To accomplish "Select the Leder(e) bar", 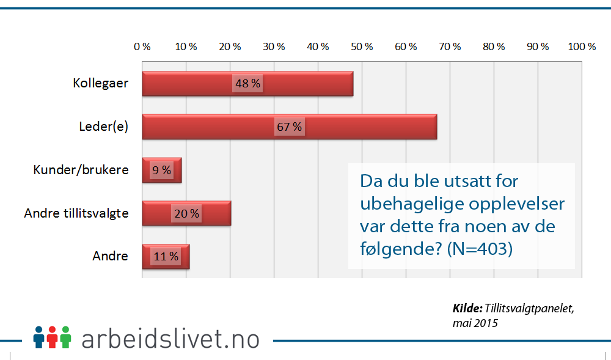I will click(367, 127).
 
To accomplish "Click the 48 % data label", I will click(247, 84).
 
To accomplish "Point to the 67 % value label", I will click(289, 127).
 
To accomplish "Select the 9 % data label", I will click(162, 170).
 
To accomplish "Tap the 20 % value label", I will click(186, 213).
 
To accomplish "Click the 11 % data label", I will click(166, 257).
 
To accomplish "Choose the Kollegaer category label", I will click(100, 83).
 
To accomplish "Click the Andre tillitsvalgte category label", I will click(76, 213).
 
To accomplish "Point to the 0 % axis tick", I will click(142, 46).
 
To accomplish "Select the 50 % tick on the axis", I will click(362, 46).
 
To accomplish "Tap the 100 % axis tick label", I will click(582, 46).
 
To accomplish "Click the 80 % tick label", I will click(494, 46).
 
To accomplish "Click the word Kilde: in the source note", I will click(468, 308).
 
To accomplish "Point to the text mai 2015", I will click(474, 323).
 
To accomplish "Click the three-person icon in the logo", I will click(53, 337).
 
